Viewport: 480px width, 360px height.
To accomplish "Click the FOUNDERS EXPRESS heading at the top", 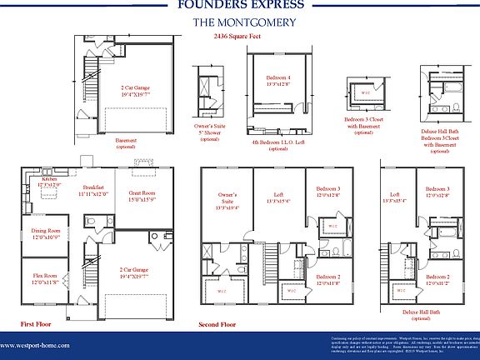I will (239, 5).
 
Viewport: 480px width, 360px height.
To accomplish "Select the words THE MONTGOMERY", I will (239, 22).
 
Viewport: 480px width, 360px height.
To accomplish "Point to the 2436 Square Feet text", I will (239, 37).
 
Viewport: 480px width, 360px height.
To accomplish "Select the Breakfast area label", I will (93, 190).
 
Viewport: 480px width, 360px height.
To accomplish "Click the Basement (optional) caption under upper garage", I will (126, 144).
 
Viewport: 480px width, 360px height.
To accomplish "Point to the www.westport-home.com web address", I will (35, 345).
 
